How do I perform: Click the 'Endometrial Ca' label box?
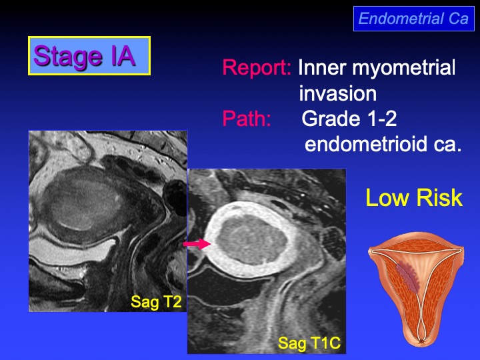click(x=414, y=19)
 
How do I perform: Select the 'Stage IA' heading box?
click(x=89, y=56)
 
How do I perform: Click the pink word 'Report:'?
click(x=257, y=67)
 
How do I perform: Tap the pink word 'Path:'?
click(x=247, y=119)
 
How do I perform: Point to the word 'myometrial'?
click(x=403, y=67)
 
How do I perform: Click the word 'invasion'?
click(x=337, y=93)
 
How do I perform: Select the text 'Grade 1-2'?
click(x=349, y=119)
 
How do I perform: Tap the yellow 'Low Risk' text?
click(x=414, y=198)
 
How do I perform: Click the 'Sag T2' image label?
click(x=156, y=302)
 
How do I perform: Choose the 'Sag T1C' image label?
click(x=309, y=343)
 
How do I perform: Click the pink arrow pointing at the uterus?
click(x=197, y=244)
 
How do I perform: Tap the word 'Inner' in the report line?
click(x=323, y=67)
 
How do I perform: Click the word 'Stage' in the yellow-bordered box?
click(x=67, y=57)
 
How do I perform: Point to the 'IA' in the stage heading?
click(x=123, y=55)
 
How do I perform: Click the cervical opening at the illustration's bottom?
click(x=422, y=341)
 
